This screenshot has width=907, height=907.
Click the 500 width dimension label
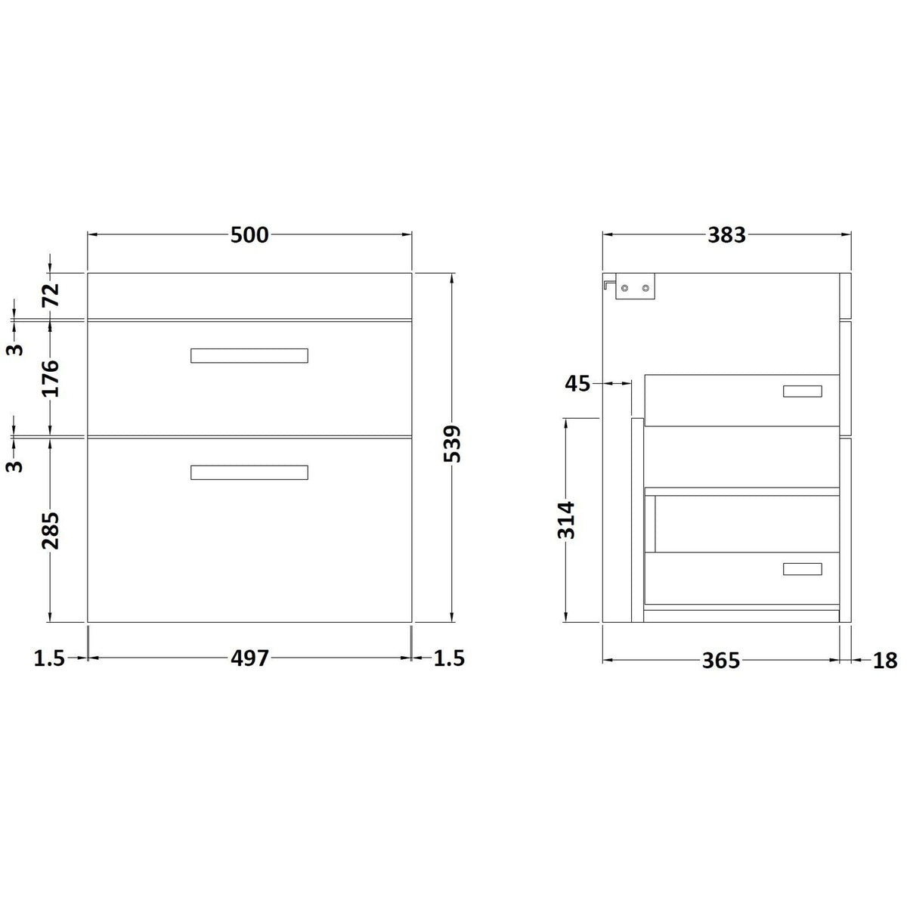coord(249,235)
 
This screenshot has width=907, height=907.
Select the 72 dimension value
coord(51,295)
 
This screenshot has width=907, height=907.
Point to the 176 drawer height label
coord(51,379)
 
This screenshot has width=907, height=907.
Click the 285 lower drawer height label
coord(51,531)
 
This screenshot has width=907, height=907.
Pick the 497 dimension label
coord(249,658)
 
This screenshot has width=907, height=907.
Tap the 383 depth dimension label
coord(726,235)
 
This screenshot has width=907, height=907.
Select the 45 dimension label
coord(577,384)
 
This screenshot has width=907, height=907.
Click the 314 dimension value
coord(566,520)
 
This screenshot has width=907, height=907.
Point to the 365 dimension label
coord(721,661)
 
